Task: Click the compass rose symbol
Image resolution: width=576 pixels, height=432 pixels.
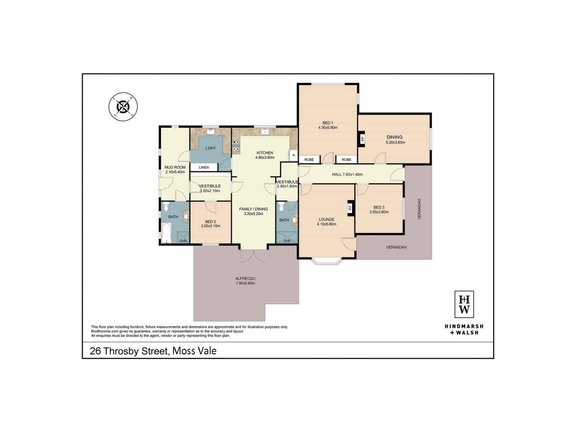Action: coord(123,107)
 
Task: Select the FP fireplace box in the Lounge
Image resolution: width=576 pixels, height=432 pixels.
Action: coord(350,208)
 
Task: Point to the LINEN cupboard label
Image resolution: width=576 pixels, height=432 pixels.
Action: coord(204,167)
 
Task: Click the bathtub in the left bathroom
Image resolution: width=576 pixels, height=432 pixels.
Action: coord(166,233)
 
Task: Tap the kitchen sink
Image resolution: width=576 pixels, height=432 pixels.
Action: coord(265,132)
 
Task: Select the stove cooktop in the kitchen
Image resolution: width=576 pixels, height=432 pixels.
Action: coord(236,146)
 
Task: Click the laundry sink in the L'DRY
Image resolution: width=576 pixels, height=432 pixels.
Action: coord(211,132)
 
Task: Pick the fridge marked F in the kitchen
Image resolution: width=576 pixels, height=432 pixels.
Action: coord(293,156)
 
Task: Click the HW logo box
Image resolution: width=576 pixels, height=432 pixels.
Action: coord(464,304)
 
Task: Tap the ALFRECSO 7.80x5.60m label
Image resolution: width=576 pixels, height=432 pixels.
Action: coord(245,281)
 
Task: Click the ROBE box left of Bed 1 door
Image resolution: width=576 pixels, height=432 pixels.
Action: coord(309,160)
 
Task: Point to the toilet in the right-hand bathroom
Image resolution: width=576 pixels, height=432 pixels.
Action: coord(281,207)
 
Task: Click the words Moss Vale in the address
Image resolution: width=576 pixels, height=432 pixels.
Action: coord(194,351)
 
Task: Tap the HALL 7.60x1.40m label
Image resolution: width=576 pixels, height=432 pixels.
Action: coord(347,174)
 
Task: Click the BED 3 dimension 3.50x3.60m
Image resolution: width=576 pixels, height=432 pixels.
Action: coord(379,212)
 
